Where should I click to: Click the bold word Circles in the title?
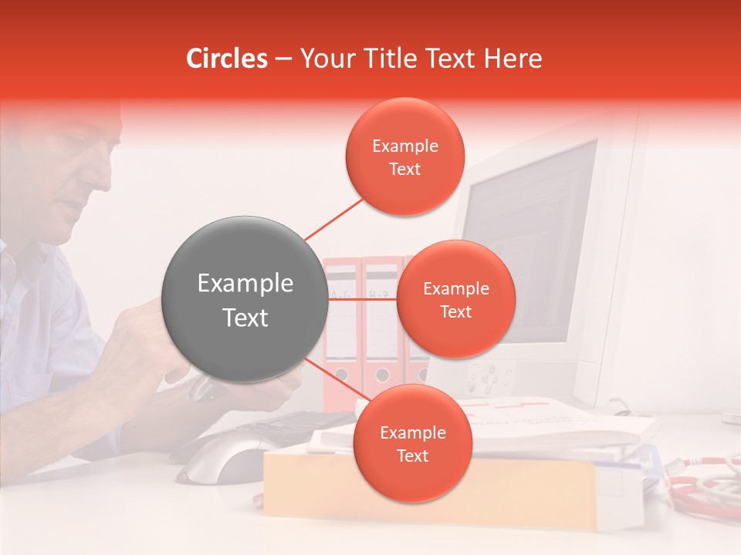[x=227, y=59]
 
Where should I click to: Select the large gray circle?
[x=245, y=299]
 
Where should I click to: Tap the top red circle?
[x=405, y=157]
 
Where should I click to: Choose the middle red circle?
[x=455, y=299]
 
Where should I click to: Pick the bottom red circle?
[x=412, y=443]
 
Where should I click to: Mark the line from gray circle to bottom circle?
[x=336, y=379]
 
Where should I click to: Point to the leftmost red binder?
[x=340, y=331]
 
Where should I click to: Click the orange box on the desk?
[x=432, y=493]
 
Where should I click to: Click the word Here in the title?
[x=513, y=59]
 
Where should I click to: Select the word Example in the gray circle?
[x=245, y=284]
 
